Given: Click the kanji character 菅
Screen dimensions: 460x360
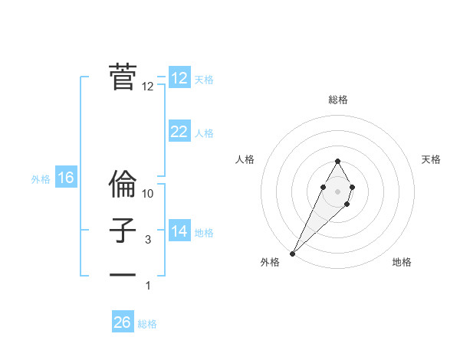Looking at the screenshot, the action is pyautogui.click(x=123, y=77).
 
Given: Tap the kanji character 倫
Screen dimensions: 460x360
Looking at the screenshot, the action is pyautogui.click(x=123, y=185).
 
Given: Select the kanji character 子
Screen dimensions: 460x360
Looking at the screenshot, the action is pyautogui.click(x=123, y=231).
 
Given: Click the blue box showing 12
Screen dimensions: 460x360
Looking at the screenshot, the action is pyautogui.click(x=179, y=78).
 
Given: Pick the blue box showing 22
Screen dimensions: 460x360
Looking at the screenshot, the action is pyautogui.click(x=179, y=132).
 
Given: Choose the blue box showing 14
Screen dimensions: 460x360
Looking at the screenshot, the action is pyautogui.click(x=179, y=231).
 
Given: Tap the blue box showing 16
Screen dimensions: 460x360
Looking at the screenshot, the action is pyautogui.click(x=66, y=178).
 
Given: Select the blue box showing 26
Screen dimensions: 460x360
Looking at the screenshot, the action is pyautogui.click(x=123, y=322).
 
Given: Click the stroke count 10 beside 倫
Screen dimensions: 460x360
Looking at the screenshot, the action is pyautogui.click(x=148, y=194).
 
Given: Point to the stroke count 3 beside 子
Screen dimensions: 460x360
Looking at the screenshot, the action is pyautogui.click(x=148, y=240).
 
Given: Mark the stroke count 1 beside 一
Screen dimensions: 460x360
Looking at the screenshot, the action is pyautogui.click(x=148, y=286).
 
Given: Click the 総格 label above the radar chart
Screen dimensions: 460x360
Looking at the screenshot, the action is pyautogui.click(x=338, y=100).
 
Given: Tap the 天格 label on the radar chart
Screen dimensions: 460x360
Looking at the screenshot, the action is pyautogui.click(x=431, y=159).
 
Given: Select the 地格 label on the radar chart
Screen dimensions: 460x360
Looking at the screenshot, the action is pyautogui.click(x=402, y=262).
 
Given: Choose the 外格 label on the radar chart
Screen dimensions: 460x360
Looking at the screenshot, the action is pyautogui.click(x=270, y=262).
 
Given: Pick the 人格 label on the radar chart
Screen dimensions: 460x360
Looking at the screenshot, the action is pyautogui.click(x=245, y=159).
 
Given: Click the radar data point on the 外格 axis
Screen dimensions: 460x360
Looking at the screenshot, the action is pyautogui.click(x=293, y=252).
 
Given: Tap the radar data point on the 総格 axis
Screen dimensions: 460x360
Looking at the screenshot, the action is pyautogui.click(x=337, y=161).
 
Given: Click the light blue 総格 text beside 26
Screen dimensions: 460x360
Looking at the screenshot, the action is pyautogui.click(x=147, y=324).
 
